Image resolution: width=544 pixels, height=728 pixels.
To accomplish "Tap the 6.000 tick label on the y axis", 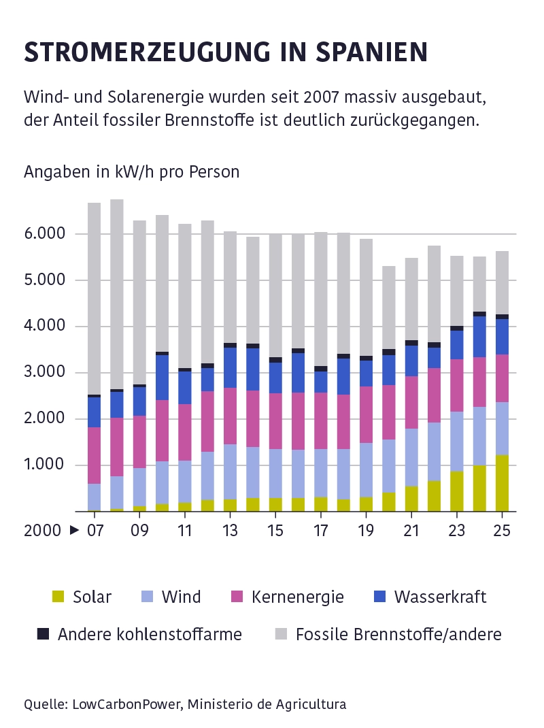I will [x=46, y=234].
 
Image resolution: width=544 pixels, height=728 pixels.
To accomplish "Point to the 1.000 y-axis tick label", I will [x=46, y=465].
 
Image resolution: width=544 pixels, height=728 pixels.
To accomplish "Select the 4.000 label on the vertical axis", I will [x=46, y=327].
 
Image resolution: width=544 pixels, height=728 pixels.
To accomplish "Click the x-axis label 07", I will [x=94, y=529].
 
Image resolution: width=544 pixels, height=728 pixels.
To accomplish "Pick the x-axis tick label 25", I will [x=502, y=529].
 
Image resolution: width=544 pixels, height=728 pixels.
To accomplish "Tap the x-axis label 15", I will [x=275, y=529].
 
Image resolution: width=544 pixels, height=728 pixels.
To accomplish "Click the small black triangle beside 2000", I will [x=73, y=529].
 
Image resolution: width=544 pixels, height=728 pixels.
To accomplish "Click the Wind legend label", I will [x=181, y=597].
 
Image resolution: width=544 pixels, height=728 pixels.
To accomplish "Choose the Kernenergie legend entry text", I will [x=297, y=597].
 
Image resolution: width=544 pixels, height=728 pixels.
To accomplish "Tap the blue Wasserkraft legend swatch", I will [x=380, y=597].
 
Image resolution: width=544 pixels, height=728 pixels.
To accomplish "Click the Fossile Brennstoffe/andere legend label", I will [x=398, y=634].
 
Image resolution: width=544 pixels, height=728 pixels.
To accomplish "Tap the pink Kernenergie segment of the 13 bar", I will [x=230, y=416].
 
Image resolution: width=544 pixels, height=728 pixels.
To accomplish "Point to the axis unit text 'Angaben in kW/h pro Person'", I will [x=132, y=171].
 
